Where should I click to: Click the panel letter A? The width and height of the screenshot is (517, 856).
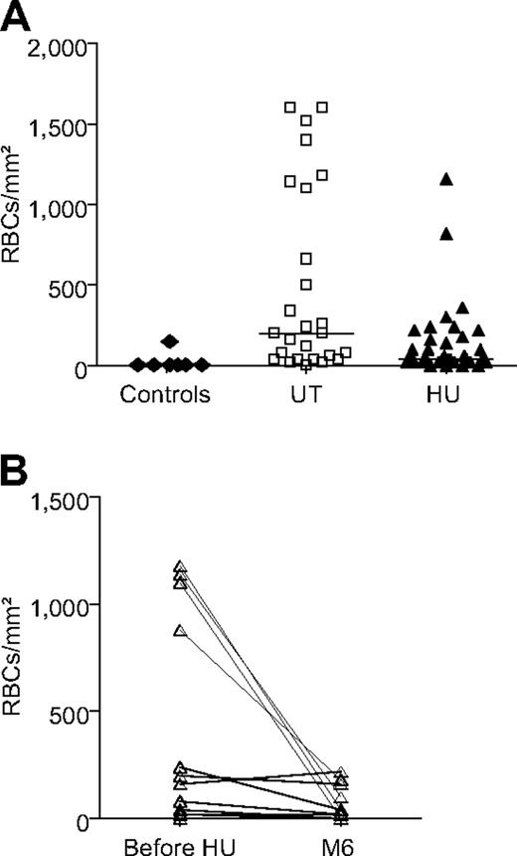(19, 18)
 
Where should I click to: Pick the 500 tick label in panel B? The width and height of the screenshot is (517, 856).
(74, 712)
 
